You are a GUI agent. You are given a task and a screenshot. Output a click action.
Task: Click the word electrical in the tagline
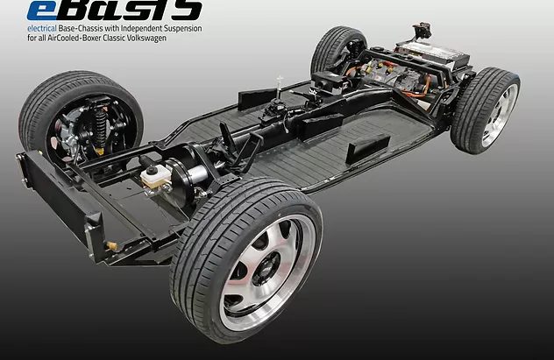[x=42, y=29]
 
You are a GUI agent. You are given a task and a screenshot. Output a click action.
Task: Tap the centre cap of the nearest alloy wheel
[x=267, y=272]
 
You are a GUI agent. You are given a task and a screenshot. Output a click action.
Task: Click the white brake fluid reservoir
[x=155, y=177]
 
